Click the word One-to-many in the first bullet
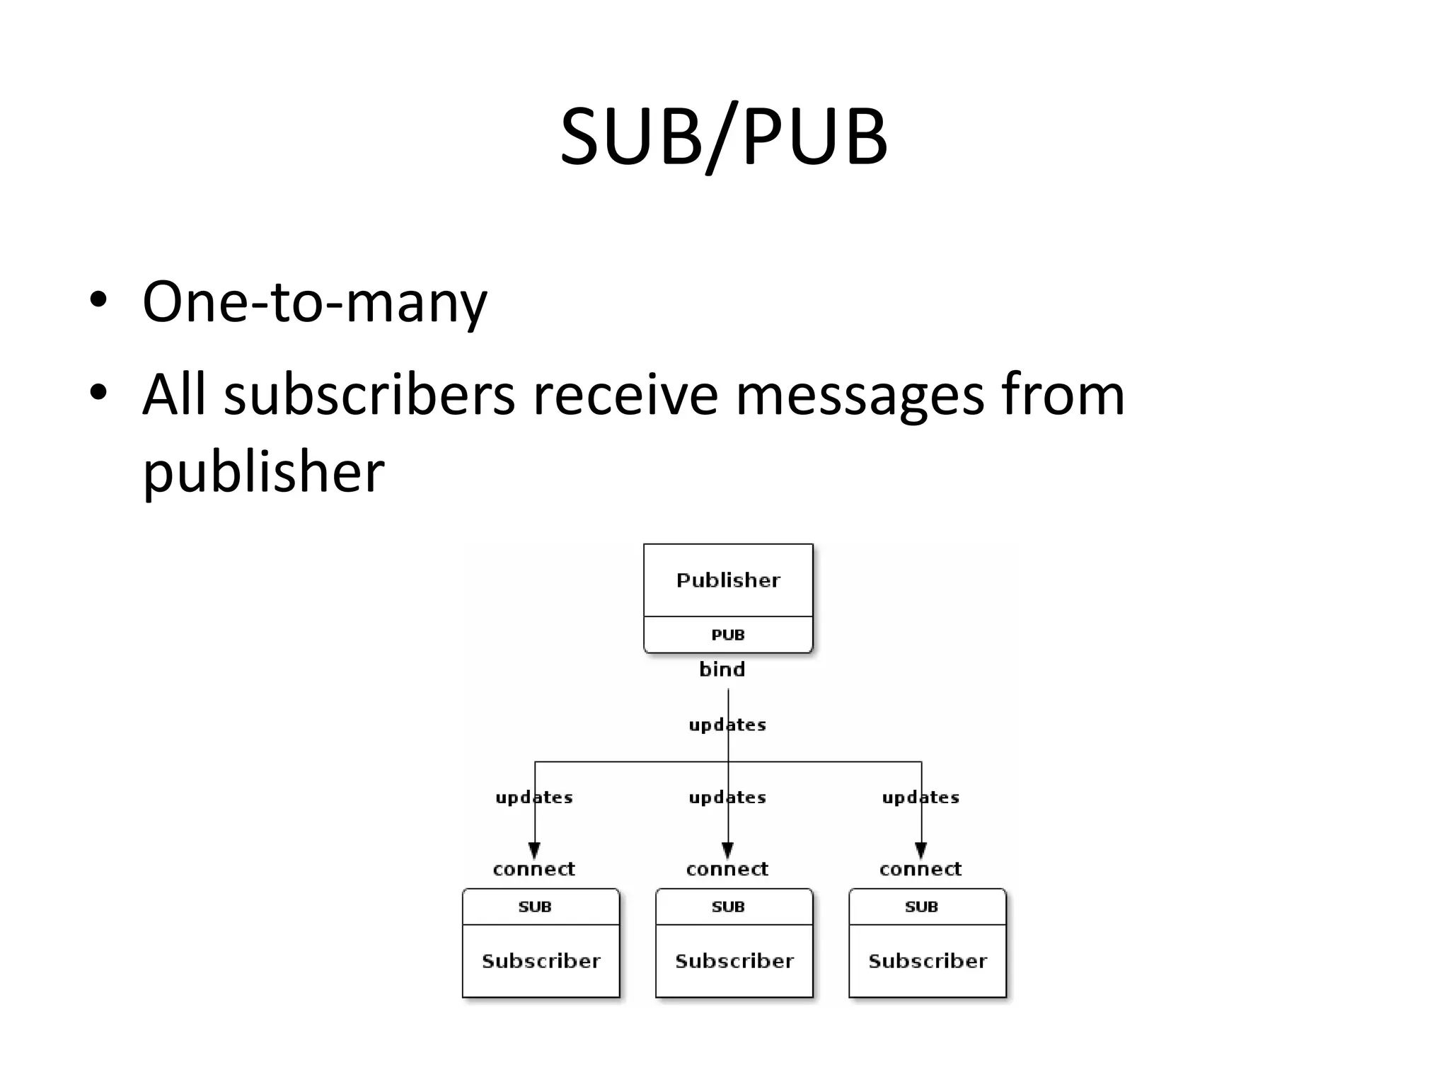[x=314, y=303]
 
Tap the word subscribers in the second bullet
[x=369, y=395]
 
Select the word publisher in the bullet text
[x=263, y=473]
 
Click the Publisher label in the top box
[x=728, y=580]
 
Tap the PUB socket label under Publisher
[x=728, y=635]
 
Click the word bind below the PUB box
[x=722, y=669]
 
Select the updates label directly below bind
[x=727, y=725]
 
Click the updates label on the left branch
[x=534, y=798]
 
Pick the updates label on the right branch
[x=920, y=798]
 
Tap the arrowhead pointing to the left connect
[x=535, y=850]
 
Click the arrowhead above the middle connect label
[x=728, y=850]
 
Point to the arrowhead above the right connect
[x=921, y=850]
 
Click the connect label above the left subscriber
[x=534, y=869]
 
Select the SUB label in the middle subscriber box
[x=728, y=907]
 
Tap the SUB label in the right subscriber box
[x=921, y=907]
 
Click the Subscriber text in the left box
[x=541, y=961]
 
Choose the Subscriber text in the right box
[x=928, y=961]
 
